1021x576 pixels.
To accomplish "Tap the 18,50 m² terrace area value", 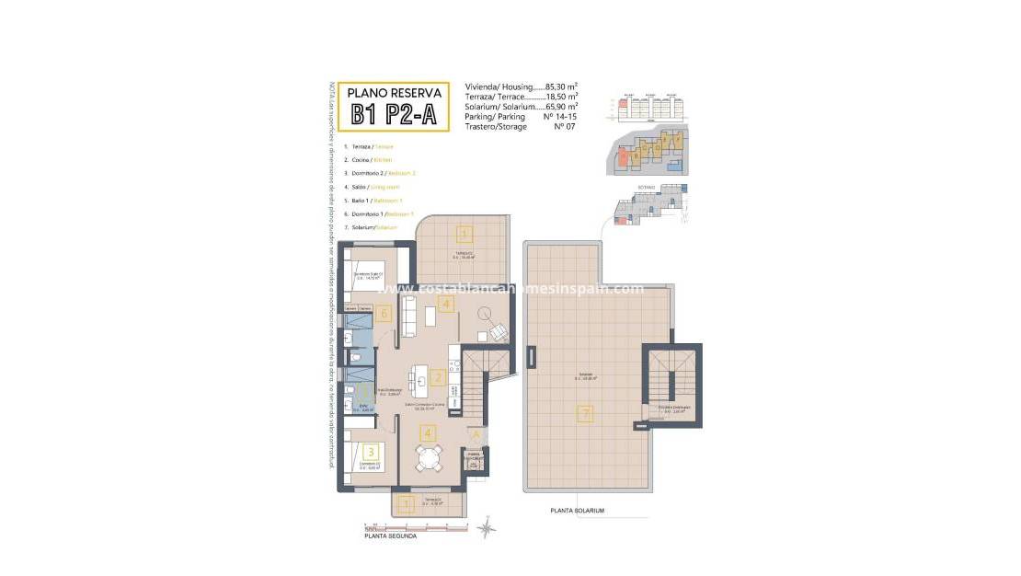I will [556, 96].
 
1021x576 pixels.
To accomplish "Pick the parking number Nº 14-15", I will [560, 118].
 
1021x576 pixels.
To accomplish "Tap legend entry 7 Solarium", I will [370, 226].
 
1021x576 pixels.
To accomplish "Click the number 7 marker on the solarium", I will [585, 414].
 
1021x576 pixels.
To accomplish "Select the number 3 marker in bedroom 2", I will [370, 452].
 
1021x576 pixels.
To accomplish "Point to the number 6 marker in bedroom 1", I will [384, 314].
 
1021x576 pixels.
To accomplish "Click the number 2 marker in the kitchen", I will [438, 377].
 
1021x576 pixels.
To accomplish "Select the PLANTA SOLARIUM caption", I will [577, 511].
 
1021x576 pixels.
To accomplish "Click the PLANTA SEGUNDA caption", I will [390, 536].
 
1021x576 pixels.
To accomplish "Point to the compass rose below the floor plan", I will [487, 528].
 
